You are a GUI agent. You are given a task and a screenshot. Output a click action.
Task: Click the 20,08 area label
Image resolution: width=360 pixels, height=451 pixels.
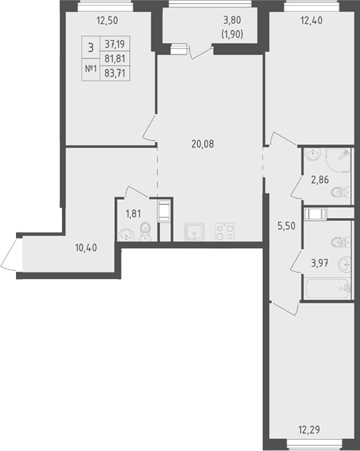203,144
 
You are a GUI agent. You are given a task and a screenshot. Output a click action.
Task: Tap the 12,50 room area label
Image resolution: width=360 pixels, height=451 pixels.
107,21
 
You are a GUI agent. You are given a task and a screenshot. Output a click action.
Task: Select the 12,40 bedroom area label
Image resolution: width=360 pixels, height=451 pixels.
311,21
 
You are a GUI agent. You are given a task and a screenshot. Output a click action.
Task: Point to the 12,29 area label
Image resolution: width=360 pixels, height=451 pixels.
309,430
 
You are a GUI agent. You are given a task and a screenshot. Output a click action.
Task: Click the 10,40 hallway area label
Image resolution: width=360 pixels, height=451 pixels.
86,247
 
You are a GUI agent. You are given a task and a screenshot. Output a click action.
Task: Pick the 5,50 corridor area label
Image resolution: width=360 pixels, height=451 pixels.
286,226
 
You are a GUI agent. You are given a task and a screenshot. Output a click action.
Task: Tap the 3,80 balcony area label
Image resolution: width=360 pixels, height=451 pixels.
232,21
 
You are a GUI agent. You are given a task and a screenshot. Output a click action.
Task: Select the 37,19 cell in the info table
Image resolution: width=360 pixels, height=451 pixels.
115,44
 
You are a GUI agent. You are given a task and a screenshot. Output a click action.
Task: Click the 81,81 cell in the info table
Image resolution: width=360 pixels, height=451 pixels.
115,59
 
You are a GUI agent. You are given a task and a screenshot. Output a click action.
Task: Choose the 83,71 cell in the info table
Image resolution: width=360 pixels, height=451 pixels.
115,73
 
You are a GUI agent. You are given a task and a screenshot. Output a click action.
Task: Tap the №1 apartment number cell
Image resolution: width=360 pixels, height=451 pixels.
91,69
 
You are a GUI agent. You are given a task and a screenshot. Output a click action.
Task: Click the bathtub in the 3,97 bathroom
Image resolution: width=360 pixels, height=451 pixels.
327,288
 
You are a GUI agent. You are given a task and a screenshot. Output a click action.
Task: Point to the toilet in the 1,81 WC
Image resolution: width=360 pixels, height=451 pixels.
145,232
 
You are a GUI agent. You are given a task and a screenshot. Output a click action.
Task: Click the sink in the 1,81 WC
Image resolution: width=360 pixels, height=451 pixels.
126,235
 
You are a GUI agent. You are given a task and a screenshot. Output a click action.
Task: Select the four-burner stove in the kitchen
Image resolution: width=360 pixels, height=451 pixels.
225,232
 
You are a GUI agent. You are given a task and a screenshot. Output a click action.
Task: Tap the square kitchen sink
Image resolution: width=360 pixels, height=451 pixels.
194,232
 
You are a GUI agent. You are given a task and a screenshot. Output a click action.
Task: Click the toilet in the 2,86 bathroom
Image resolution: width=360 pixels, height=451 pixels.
340,192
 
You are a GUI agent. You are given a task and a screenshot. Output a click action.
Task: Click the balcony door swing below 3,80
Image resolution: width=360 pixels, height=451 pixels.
201,53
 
